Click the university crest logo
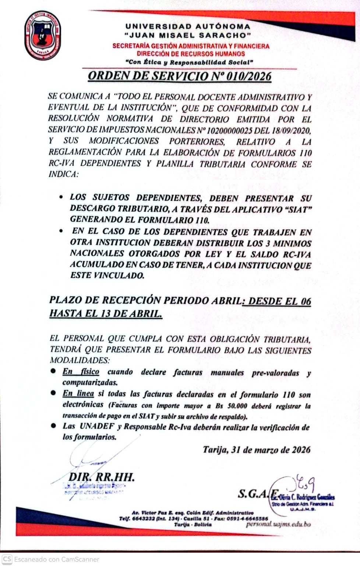click(43, 35)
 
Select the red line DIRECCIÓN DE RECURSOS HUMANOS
click(191, 54)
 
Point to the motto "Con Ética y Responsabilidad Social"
click(189, 62)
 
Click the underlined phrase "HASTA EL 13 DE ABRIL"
click(106, 314)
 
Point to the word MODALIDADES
click(80, 360)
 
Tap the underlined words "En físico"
click(81, 371)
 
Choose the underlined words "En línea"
click(78, 393)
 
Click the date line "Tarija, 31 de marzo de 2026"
click(257, 450)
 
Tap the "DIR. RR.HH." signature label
click(101, 477)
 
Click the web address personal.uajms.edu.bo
click(278, 524)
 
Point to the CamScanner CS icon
click(7, 559)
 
